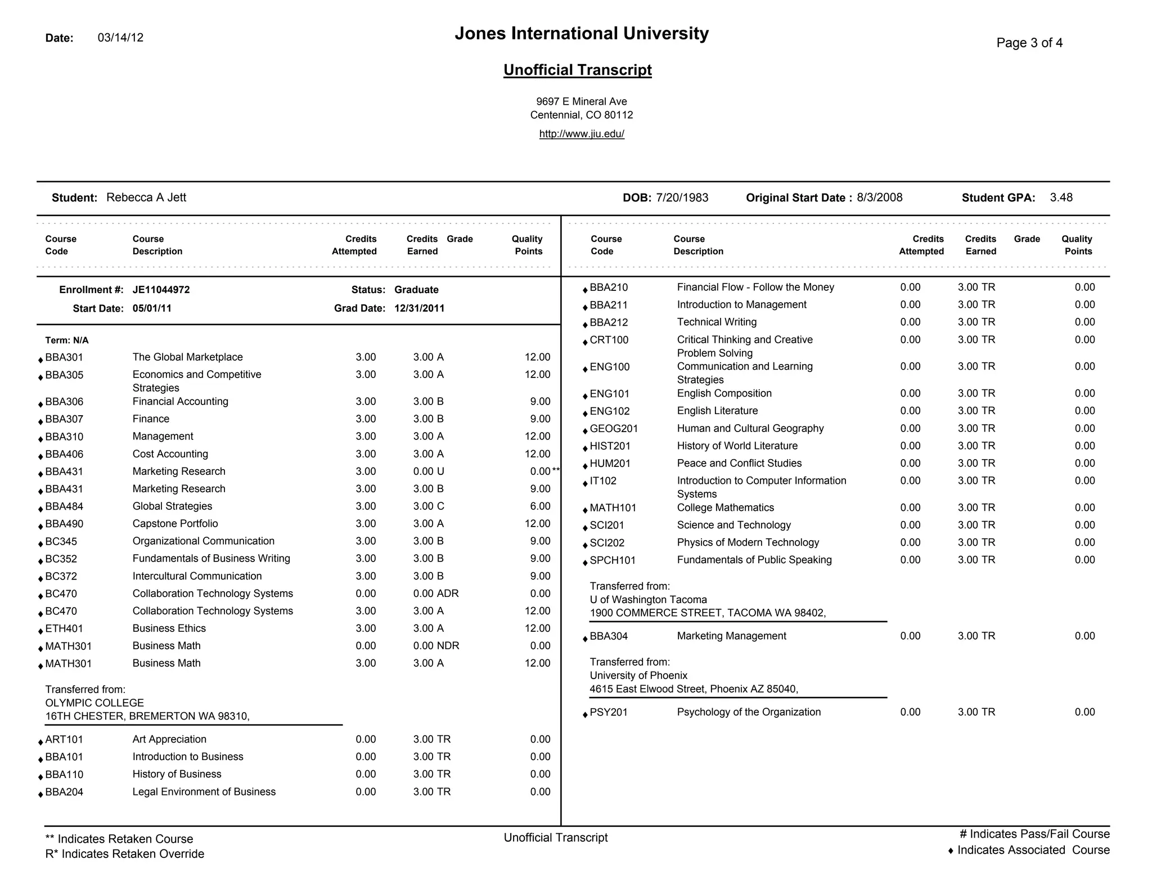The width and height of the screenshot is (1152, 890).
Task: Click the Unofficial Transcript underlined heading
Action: (x=577, y=70)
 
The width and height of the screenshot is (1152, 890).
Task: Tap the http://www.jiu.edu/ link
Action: (x=582, y=134)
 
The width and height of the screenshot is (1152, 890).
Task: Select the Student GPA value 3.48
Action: (x=1061, y=197)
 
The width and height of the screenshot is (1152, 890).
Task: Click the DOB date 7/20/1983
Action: (x=682, y=197)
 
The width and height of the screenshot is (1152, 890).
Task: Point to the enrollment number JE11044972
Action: (x=161, y=290)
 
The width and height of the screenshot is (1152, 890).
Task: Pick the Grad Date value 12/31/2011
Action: (x=419, y=308)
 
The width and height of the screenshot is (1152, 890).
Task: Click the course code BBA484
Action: (x=64, y=506)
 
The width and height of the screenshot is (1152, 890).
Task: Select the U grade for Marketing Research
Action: (x=440, y=471)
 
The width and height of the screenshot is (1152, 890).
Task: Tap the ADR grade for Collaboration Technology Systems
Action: (x=448, y=594)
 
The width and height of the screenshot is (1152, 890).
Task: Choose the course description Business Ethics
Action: (x=169, y=628)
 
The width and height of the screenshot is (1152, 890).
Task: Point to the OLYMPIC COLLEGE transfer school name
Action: (x=94, y=703)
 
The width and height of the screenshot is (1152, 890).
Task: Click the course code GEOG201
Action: (x=614, y=429)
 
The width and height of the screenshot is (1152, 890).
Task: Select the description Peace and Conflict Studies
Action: (x=739, y=463)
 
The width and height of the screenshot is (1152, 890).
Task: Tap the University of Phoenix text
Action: (x=638, y=675)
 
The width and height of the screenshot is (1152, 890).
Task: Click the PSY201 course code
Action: (x=609, y=712)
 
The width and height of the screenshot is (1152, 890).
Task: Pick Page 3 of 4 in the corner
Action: (x=1029, y=43)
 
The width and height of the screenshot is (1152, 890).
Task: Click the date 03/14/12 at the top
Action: (x=120, y=38)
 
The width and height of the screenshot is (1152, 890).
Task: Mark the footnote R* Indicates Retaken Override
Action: (x=124, y=854)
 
